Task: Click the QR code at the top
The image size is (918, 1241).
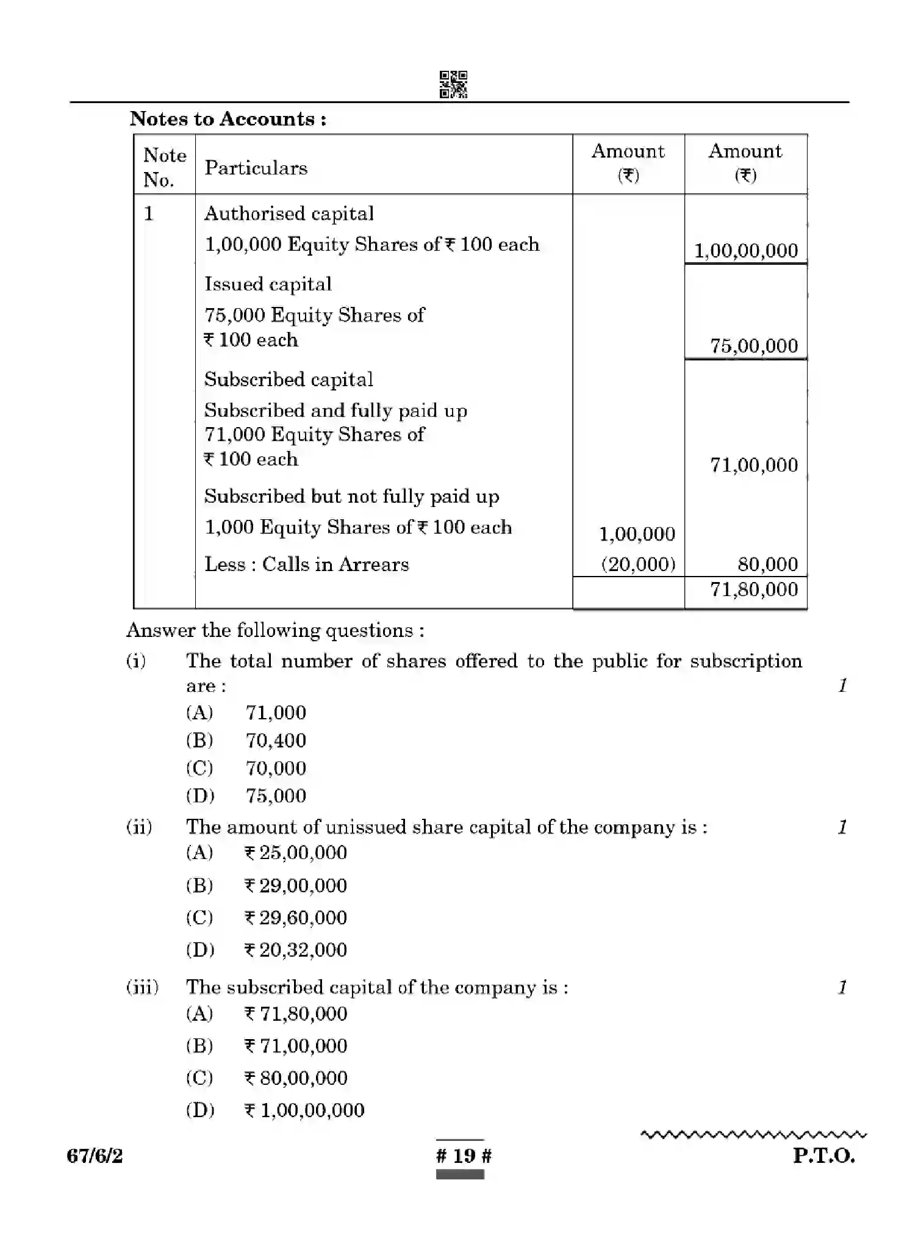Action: point(453,84)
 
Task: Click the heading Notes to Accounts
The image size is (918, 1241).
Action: point(228,118)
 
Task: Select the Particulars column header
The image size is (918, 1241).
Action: point(256,168)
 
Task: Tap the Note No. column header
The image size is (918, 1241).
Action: point(164,167)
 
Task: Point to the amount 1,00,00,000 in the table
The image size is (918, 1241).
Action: point(745,251)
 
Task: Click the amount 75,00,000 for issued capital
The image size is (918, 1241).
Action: point(753,346)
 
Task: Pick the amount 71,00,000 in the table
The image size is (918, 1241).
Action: point(753,465)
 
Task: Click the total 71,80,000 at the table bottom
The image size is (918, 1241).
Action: point(753,589)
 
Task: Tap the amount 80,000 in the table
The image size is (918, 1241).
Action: point(767,564)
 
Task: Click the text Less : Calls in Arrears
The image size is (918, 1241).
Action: point(306,564)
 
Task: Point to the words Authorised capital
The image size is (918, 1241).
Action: point(289,214)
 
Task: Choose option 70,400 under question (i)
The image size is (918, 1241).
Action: point(276,741)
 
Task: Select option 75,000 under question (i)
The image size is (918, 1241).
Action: point(276,796)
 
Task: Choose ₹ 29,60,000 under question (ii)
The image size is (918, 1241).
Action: point(296,918)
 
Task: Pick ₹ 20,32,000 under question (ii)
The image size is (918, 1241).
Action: point(296,950)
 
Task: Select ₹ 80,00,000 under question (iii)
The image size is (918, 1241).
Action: point(296,1078)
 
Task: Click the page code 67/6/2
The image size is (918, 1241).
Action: point(95,1156)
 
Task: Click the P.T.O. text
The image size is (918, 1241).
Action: point(823,1156)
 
